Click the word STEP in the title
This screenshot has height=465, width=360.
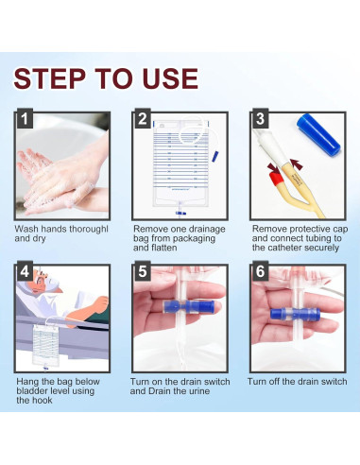click(50, 78)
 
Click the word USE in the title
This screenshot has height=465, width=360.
click(170, 78)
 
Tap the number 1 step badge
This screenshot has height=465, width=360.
click(25, 118)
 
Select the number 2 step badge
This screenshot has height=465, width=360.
click(143, 118)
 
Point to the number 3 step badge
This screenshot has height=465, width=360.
click(261, 118)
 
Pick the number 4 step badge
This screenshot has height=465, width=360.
click(25, 271)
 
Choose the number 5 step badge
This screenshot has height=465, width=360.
click(143, 271)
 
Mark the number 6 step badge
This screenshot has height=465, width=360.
click(261, 271)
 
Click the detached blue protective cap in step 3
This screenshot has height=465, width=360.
click(318, 134)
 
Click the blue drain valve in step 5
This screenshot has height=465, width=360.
click(188, 306)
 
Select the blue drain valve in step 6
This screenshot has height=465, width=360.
click(295, 314)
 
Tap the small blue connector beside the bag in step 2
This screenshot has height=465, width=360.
click(215, 157)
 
